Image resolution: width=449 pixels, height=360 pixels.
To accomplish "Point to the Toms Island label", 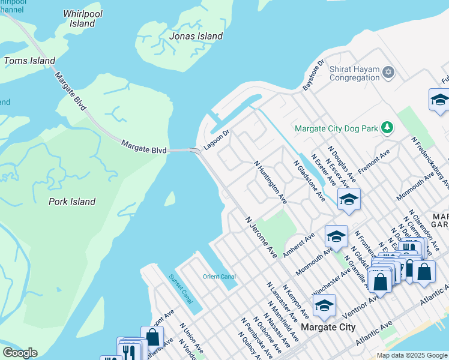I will [x=29, y=61].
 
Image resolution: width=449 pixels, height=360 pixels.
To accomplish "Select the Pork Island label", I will [x=71, y=202].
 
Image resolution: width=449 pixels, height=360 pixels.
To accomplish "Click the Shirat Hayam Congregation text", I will [x=354, y=73].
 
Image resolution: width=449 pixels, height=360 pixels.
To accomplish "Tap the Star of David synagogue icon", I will [x=388, y=73].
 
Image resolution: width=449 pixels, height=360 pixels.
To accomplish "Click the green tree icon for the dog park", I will [x=388, y=127].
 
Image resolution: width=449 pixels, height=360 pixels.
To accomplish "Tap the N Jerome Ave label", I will [x=261, y=237].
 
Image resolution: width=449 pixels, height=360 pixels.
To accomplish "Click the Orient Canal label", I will [x=219, y=277].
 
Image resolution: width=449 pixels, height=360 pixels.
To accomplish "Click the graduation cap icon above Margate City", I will [x=324, y=306].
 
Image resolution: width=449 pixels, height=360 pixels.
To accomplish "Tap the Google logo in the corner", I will [x=20, y=353].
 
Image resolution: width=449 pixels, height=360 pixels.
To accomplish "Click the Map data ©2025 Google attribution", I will [x=412, y=355].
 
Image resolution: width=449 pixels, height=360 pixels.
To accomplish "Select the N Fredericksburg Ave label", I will [x=430, y=158].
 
